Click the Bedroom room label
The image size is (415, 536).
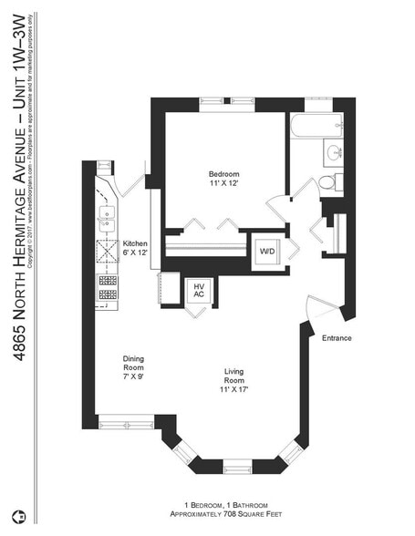223,174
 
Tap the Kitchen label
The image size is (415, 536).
135,243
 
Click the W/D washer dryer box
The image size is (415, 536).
268,251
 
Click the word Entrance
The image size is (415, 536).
337,338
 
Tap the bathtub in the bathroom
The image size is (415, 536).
316,126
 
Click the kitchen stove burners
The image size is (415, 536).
107,286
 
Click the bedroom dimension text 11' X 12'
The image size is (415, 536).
223,185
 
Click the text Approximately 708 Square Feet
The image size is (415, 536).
224,515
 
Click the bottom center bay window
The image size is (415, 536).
237,468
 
